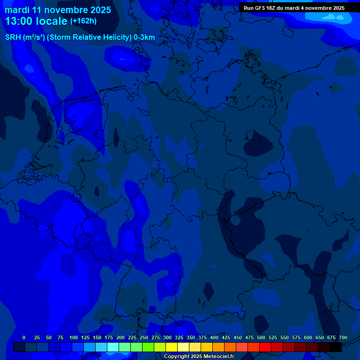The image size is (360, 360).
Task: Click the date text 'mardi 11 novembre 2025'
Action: coord(58,10)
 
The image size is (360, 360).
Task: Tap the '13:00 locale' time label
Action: coord(37,21)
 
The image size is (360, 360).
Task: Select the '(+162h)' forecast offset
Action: coord(83,21)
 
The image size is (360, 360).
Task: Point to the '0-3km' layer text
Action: coord(144,37)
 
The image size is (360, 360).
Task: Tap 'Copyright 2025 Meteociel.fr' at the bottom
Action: coord(199,357)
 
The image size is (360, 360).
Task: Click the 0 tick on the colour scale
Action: coord(24,337)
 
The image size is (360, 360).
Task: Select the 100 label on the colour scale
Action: coord(74,337)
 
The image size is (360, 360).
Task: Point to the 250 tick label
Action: coord(144,337)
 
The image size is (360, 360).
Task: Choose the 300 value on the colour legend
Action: coord(167,337)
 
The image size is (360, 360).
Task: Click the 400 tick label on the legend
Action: coord(214,337)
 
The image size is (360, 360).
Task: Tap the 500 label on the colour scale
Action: coord(261,337)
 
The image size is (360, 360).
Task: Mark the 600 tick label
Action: coord(308,337)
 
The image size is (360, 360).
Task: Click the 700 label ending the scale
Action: coord(343,337)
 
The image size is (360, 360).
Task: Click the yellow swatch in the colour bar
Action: coord(172,347)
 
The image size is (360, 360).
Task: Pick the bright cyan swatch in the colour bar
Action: coord(113,347)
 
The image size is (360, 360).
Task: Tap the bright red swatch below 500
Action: coord(265,347)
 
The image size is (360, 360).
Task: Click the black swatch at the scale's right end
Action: coord(336,347)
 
